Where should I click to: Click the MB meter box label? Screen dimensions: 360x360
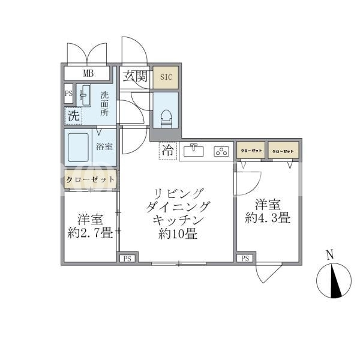pos(88,73)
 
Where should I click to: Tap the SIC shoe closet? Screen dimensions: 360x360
pos(166,77)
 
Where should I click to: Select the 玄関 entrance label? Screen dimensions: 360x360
pos(135,76)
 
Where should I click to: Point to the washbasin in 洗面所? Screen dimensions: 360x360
pos(83,95)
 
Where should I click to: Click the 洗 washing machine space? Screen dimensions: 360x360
pos(73,116)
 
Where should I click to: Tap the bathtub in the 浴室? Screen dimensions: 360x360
pos(78,148)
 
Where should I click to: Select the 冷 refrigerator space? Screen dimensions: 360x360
pos(168,151)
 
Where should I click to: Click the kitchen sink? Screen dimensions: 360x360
pos(194,151)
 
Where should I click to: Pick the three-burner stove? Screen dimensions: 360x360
pos(221,151)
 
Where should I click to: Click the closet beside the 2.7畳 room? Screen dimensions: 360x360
pos(90,179)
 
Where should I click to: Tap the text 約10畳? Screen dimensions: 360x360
pos(178,234)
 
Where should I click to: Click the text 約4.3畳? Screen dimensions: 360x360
pos(268,217)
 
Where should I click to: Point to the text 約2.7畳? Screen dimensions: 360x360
pos(90,233)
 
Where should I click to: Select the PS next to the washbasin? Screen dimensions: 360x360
pos(68,94)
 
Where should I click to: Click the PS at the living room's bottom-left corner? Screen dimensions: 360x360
pos(127,259)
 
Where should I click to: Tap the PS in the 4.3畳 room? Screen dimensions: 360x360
pos(245,259)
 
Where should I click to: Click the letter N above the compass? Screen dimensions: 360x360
pos(330,256)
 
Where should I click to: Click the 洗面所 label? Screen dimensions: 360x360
pos(104,104)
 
